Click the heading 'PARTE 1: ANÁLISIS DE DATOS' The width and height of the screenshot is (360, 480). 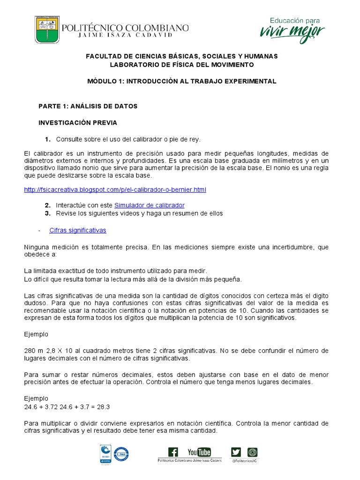88,106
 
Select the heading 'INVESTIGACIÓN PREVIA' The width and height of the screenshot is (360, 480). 77,123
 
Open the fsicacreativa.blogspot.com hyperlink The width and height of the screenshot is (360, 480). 115,189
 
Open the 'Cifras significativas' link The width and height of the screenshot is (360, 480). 78,230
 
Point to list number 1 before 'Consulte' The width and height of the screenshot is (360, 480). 47,139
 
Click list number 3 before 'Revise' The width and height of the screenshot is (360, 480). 47,213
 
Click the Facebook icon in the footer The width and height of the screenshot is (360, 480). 173,452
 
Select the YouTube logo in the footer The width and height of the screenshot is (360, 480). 199,452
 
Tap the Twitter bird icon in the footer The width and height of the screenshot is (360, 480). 236,452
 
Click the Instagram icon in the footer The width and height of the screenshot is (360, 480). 253,452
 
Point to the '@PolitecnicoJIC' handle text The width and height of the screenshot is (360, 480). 245,461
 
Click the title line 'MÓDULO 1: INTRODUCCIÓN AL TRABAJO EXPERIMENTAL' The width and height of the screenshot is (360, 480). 182,81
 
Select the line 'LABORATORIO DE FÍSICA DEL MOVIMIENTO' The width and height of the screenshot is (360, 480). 181,65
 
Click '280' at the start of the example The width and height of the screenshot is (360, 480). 30,351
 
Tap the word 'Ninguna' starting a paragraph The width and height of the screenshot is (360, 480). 36,247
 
